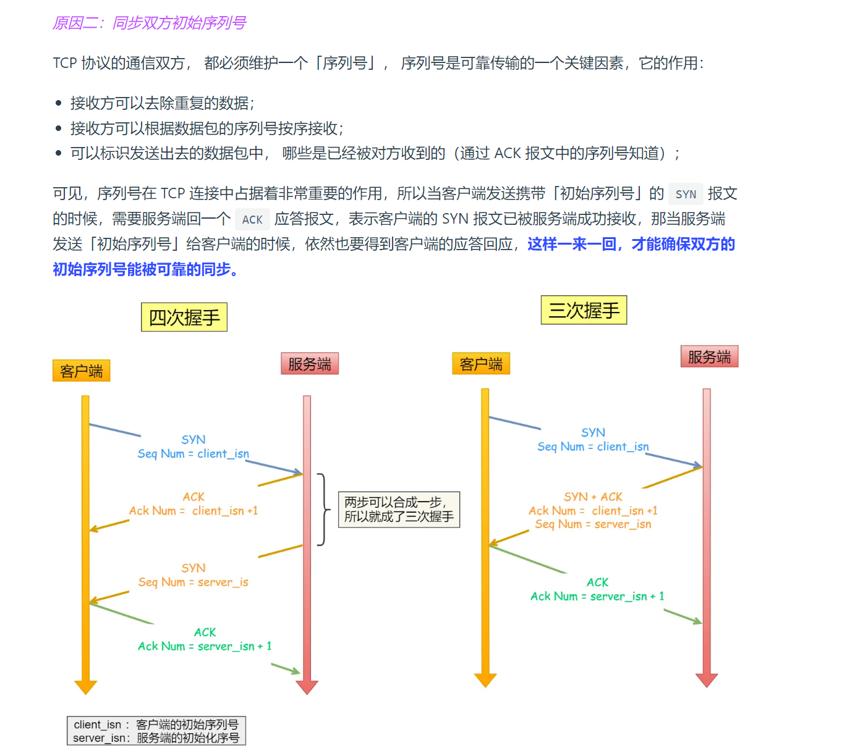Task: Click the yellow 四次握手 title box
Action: coord(184,318)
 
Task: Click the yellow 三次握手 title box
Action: coord(584,310)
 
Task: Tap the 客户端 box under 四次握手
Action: coord(82,371)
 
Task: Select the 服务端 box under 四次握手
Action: coord(310,364)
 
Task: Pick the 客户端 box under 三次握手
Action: coord(481,364)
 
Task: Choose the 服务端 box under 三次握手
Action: coord(709,356)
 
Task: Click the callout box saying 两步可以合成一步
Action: coord(399,510)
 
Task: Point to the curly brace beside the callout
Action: coord(322,510)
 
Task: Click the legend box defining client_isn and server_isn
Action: coord(156,731)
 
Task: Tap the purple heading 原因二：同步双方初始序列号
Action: coord(149,23)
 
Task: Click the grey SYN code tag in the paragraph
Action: coord(686,195)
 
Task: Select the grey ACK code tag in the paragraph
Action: coord(252,220)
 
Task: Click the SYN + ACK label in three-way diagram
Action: coord(593,497)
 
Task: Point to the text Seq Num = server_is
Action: coord(193,582)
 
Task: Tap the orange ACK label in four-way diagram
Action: coord(194,497)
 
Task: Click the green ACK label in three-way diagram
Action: coord(597,583)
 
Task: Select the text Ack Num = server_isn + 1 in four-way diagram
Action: coord(205,646)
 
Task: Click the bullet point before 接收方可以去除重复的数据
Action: coord(59,103)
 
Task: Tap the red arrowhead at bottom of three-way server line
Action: coord(707,680)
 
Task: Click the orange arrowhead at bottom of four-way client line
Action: coord(85,687)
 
